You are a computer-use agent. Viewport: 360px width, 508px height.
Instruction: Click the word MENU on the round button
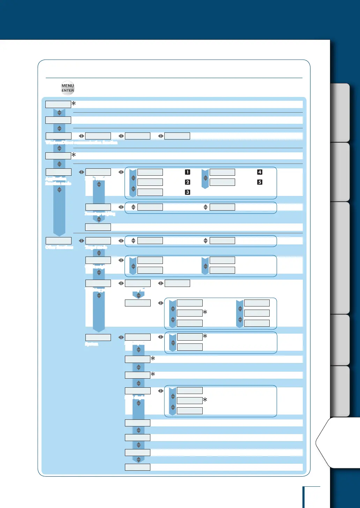coord(68,86)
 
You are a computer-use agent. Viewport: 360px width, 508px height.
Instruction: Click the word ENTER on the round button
coord(68,91)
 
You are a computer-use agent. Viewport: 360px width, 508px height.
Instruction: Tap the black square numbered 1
coord(187,172)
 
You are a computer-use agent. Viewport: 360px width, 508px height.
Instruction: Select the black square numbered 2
coord(187,182)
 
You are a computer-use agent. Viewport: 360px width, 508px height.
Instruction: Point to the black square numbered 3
coord(187,192)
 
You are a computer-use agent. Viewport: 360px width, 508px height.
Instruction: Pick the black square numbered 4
coord(260,172)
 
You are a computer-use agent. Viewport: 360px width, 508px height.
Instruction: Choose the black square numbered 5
coord(260,182)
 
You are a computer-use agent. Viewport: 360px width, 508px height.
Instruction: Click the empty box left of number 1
coord(150,172)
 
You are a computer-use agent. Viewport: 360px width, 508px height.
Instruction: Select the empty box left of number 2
coord(150,182)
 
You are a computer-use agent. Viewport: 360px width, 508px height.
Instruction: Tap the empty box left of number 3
coord(150,192)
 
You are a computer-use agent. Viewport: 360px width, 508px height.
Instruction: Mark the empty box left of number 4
coord(222,172)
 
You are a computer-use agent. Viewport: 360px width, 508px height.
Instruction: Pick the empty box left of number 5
coord(222,182)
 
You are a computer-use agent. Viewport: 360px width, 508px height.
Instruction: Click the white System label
coord(92,344)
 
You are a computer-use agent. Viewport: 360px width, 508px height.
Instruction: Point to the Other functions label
coord(59,247)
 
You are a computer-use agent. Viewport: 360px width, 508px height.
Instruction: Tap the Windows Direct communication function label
coord(81,142)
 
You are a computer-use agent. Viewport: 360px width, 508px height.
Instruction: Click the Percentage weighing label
coord(100,213)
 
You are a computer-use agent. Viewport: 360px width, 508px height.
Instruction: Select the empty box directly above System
coord(98,338)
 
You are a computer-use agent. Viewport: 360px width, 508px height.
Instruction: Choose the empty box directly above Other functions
coord(59,241)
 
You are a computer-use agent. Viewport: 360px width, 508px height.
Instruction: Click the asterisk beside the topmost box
coord(74,104)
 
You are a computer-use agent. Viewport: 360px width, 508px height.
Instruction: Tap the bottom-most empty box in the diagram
coord(137,467)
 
